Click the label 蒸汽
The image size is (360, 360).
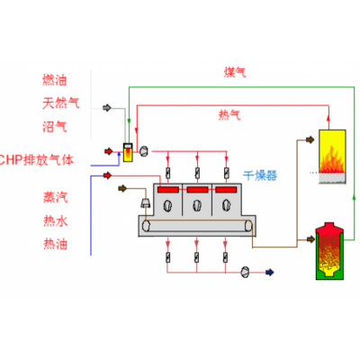pyautogui.click(x=55, y=196)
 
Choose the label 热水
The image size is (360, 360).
pyautogui.click(x=55, y=220)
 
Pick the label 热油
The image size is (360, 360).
pyautogui.click(x=55, y=243)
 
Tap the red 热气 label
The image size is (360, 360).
pyautogui.click(x=229, y=115)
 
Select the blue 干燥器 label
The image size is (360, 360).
pyautogui.click(x=262, y=173)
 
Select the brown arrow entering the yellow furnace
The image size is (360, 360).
pyautogui.click(x=310, y=139)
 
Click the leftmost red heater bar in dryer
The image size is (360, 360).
pyautogui.click(x=167, y=192)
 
